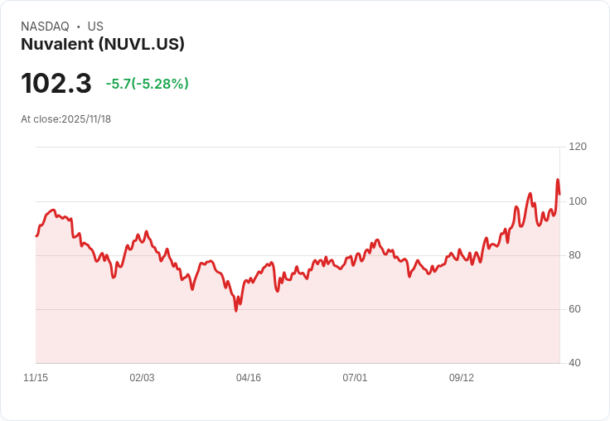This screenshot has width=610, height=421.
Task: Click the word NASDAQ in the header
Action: pos(45,27)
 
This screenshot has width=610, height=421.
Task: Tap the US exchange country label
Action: pos(95,27)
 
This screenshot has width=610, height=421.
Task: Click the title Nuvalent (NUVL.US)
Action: pos(103,45)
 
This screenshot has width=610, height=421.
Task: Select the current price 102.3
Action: pos(56,83)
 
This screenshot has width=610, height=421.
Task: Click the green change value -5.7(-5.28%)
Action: pos(148,84)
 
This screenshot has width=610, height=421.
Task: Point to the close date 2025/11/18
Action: pos(86,119)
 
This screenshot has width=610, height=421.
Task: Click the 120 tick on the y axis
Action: pos(578,147)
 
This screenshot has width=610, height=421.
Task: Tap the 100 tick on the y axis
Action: pos(578,201)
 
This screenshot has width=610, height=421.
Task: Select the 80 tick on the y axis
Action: pos(575,255)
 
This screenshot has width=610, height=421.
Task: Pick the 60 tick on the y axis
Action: pos(575,309)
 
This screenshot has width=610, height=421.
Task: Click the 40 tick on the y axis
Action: pos(575,363)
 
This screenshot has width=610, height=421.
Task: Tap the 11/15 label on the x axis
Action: pos(36,378)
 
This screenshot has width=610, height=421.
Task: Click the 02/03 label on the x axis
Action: pos(142,378)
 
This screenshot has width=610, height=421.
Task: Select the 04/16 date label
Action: pos(249,378)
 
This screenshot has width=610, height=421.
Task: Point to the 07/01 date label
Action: pos(355,378)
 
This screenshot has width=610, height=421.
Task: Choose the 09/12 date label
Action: pos(462,378)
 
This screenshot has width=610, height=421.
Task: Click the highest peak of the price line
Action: pos(558,180)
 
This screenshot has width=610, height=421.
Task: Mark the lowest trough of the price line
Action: pos(235,310)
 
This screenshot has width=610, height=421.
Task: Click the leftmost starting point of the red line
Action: pos(36,236)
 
